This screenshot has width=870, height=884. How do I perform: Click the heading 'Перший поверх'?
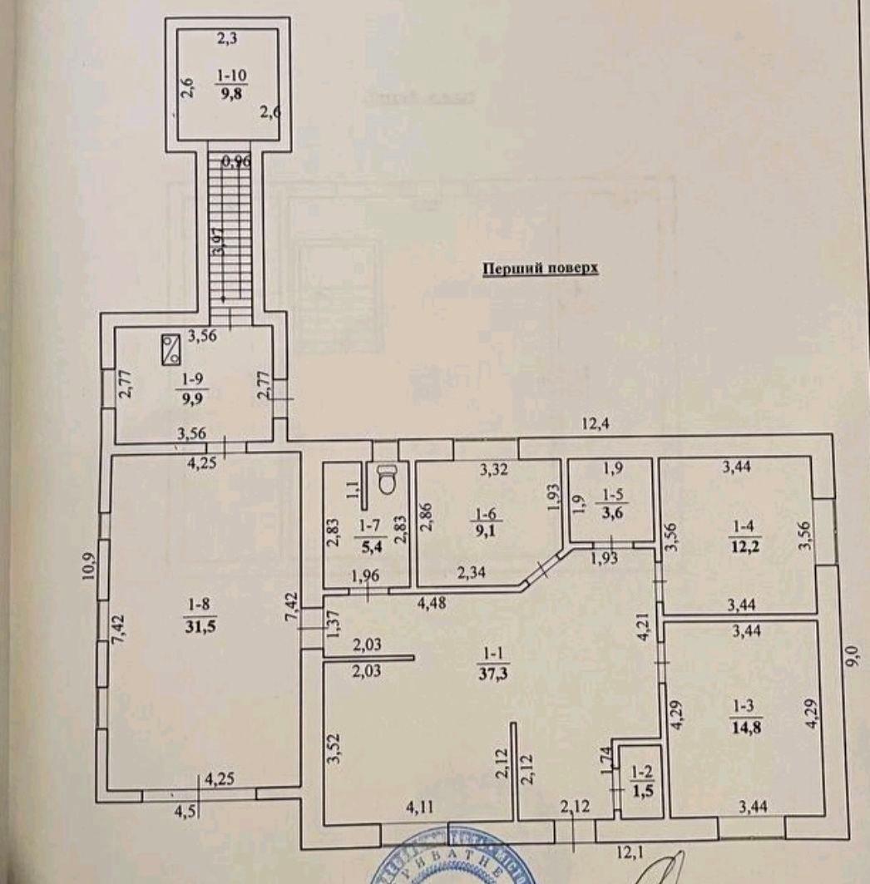pos(541,269)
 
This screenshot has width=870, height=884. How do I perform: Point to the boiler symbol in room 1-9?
pos(172,348)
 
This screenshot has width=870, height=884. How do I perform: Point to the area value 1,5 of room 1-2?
pos(640,788)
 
